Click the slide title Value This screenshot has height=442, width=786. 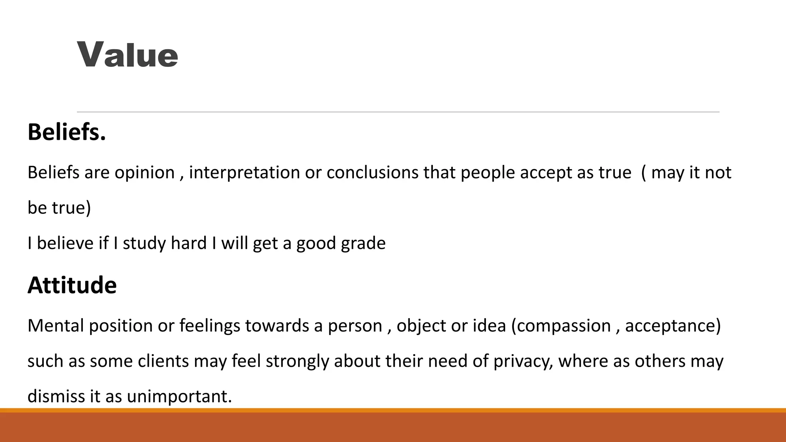[x=127, y=55]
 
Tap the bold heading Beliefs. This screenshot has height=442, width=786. [x=66, y=132]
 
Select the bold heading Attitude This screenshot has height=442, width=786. [x=72, y=285]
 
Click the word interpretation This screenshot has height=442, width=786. [x=244, y=172]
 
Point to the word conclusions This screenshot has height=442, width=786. [x=372, y=172]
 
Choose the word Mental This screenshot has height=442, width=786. [x=56, y=325]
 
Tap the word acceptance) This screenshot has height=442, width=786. [x=673, y=326]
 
